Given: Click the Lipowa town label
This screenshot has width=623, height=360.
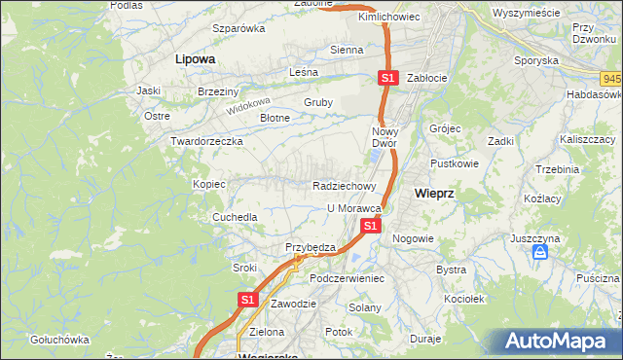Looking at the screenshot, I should [x=195, y=58].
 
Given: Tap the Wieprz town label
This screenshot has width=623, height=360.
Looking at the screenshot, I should [x=434, y=193].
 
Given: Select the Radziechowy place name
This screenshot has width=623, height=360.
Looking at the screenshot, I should [x=345, y=186].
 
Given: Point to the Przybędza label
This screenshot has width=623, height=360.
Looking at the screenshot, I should [x=310, y=247].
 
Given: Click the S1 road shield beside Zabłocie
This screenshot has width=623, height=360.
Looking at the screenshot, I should [x=387, y=77].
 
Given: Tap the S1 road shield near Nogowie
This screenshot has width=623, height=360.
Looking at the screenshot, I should [x=370, y=226].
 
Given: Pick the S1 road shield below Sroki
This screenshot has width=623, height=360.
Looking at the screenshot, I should [x=247, y=300].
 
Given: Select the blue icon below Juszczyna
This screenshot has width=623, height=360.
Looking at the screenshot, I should [x=540, y=253].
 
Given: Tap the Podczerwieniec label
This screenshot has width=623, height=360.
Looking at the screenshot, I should [x=348, y=278].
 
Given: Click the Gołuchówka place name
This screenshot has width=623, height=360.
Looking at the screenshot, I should [x=58, y=340].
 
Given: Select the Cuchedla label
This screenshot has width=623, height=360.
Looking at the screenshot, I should [x=236, y=217].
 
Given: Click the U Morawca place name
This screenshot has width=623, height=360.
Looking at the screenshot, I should [x=352, y=208].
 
